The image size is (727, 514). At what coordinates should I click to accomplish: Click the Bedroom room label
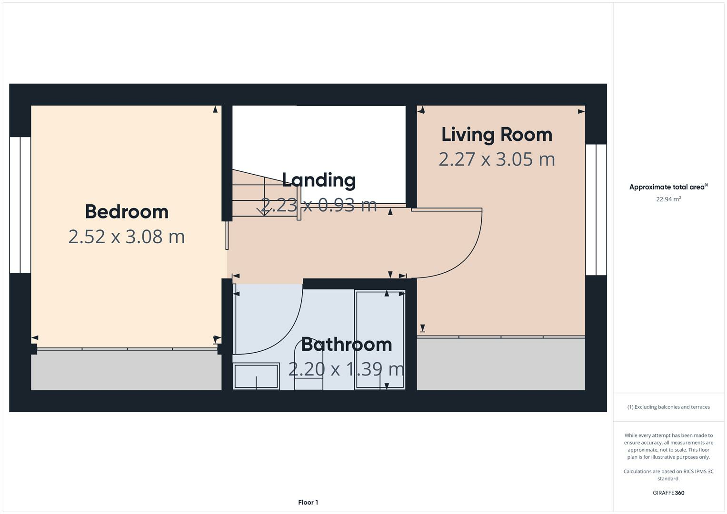(x=127, y=212)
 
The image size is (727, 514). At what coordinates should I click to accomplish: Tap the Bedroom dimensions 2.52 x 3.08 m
(x=127, y=237)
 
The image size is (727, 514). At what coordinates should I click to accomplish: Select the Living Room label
(x=497, y=134)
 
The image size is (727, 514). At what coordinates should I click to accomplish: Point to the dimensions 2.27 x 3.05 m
(x=497, y=159)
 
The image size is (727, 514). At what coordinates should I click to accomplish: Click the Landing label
(x=319, y=180)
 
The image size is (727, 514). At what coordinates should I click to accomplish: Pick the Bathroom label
(x=347, y=344)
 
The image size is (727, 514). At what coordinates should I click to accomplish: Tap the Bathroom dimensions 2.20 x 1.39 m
(x=347, y=369)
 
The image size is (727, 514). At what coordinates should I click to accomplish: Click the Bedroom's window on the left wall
(x=20, y=205)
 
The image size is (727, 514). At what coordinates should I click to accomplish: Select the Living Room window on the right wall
(x=596, y=210)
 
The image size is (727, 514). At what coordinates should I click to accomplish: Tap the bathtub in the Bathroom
(x=380, y=340)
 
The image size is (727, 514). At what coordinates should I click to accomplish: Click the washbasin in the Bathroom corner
(x=256, y=376)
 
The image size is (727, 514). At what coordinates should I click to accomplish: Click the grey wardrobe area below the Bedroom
(x=126, y=370)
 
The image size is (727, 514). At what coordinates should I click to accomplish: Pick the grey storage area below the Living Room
(x=501, y=364)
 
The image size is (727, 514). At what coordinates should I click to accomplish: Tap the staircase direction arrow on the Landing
(x=263, y=209)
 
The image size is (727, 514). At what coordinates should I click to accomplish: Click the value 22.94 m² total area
(x=668, y=199)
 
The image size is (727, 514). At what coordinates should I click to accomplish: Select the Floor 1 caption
(x=308, y=502)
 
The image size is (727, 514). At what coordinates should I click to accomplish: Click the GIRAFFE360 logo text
(x=668, y=493)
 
